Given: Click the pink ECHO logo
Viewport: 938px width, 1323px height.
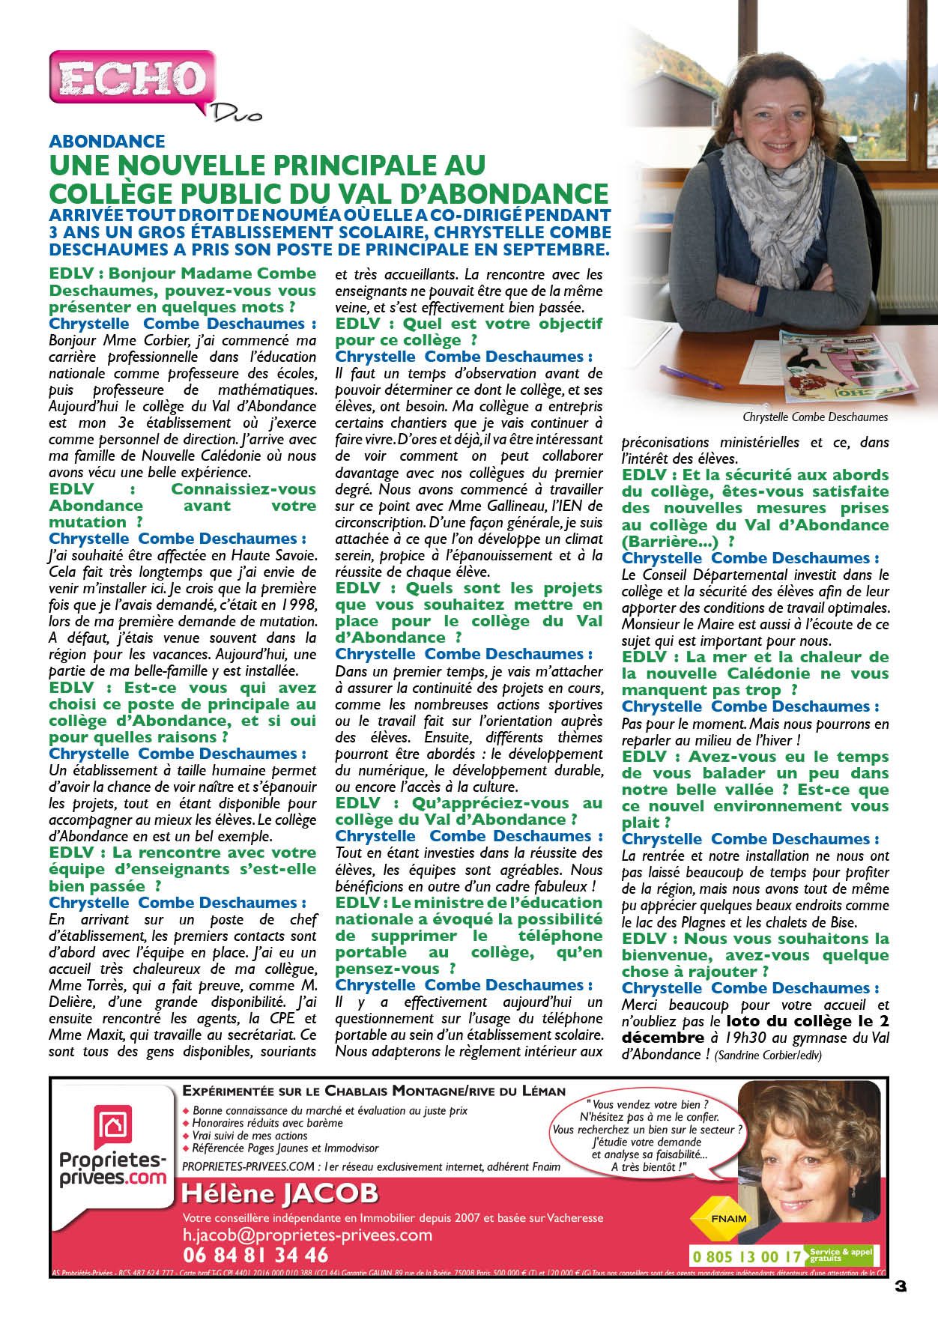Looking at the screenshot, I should click(132, 77).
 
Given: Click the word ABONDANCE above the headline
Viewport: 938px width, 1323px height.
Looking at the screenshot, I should click(107, 142).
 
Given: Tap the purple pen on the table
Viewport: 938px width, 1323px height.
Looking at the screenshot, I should click(693, 376).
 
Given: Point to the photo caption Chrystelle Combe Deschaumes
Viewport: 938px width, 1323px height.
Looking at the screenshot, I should click(815, 417).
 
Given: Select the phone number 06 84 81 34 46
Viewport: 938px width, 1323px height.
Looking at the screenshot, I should click(255, 1255).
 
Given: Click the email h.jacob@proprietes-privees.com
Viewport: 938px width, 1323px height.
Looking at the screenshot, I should click(307, 1235).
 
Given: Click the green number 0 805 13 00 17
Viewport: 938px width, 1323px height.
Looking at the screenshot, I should click(747, 1256).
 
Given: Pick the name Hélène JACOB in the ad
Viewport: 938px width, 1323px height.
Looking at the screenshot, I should click(279, 1193).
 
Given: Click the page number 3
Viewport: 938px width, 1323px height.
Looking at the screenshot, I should click(901, 1286).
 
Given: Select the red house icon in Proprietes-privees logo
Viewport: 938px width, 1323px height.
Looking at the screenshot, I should click(112, 1126).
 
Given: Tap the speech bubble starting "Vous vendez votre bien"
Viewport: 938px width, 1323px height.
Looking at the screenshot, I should click(647, 1135).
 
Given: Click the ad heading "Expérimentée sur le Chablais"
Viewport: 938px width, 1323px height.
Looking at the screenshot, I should click(374, 1092).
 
